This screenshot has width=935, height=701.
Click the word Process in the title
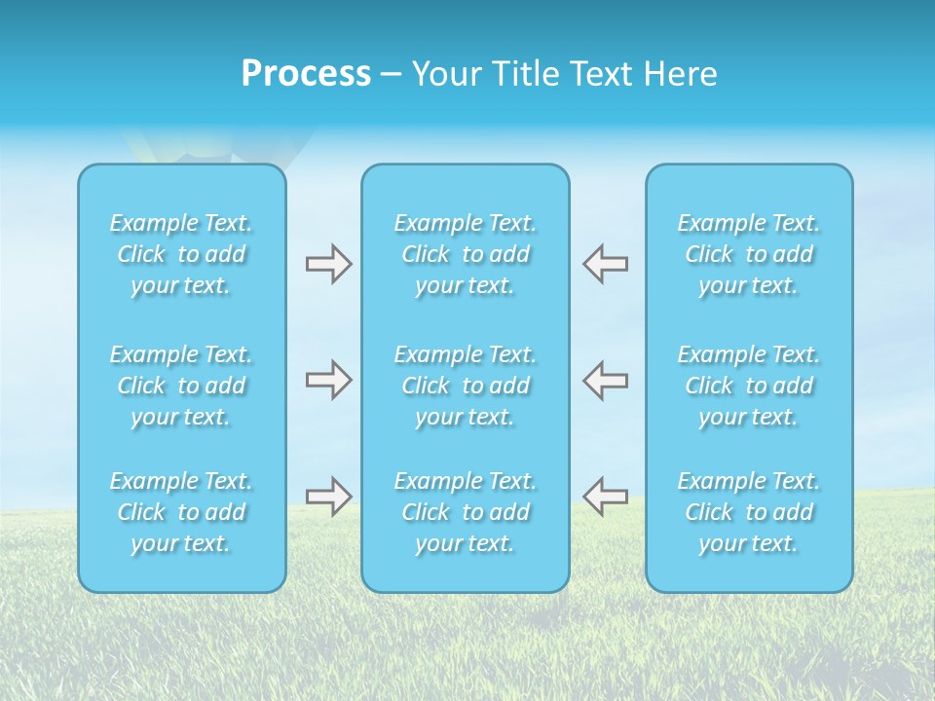(306, 74)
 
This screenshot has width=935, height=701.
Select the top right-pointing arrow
(328, 264)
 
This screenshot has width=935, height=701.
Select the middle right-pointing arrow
(328, 380)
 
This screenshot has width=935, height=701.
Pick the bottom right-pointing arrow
(328, 497)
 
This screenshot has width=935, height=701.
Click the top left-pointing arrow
(605, 264)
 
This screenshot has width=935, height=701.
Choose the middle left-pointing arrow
(605, 380)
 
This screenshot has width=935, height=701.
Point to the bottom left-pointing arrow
(605, 497)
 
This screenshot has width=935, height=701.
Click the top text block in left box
(181, 254)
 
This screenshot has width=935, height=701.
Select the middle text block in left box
(181, 386)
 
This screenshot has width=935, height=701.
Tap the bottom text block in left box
(181, 512)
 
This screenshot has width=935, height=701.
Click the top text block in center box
(466, 254)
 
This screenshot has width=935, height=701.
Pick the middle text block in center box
(466, 386)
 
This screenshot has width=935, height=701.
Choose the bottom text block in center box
(466, 512)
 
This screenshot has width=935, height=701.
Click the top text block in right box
(749, 254)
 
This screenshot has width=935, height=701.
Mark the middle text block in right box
(749, 386)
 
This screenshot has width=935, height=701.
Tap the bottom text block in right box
(749, 512)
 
